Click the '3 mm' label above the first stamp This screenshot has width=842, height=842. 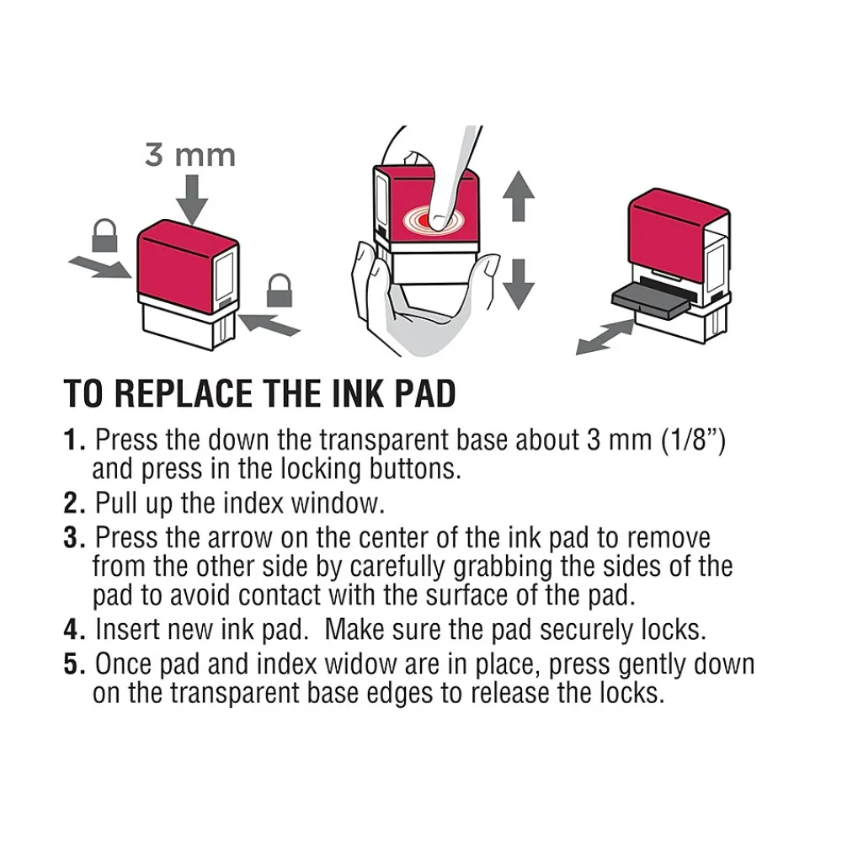click(190, 156)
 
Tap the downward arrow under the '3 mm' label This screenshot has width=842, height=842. click(192, 200)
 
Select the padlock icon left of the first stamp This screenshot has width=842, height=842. click(104, 235)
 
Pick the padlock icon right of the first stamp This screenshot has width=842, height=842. click(280, 290)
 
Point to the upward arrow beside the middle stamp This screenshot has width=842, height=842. click(518, 196)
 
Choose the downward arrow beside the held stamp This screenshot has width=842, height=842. click(518, 285)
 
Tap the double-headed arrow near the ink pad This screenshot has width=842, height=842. click(605, 337)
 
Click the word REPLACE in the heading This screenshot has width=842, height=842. click(182, 393)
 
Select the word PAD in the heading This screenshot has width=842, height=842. click(424, 393)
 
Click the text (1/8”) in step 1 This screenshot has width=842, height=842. click(693, 440)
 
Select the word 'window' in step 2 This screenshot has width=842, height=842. click(338, 504)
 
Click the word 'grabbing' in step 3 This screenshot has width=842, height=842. click(503, 567)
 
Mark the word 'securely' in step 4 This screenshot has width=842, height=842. click(586, 631)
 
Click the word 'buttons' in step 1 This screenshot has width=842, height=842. click(414, 469)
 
